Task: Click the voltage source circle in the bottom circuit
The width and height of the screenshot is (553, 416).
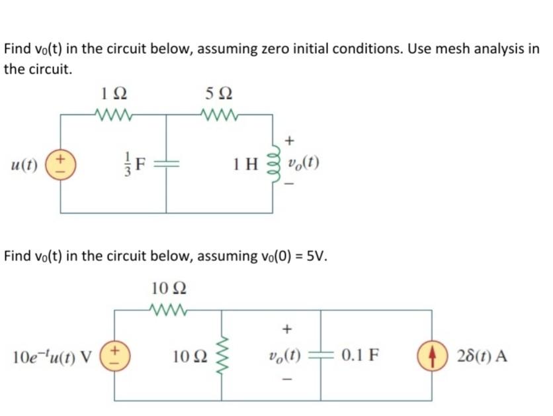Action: [114, 355]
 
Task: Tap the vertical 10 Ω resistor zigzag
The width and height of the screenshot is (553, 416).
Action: [220, 356]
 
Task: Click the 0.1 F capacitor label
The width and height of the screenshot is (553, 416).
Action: [361, 356]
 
